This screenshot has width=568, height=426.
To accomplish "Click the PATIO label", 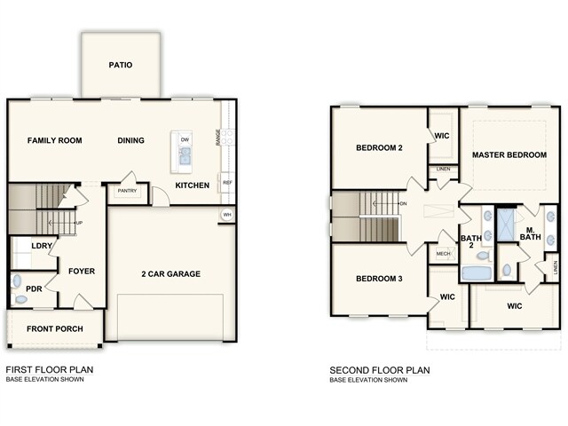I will [121, 65].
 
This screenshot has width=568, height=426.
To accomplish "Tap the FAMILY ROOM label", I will [54, 140].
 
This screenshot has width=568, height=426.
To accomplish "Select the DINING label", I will [131, 140].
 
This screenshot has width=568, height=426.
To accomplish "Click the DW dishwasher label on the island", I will [185, 140].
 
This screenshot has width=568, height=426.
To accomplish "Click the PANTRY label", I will [126, 190].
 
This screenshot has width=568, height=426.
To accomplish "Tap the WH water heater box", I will [227, 215].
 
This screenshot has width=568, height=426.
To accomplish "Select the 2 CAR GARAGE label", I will [170, 273].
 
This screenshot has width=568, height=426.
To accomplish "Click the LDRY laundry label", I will [41, 245].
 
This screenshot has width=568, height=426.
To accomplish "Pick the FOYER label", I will [81, 271].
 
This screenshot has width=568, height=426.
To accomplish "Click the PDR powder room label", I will [35, 288].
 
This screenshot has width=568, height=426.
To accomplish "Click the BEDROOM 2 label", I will [379, 148].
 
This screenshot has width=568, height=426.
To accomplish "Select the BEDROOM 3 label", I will [379, 280].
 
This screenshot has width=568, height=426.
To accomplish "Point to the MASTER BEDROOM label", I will [509, 154].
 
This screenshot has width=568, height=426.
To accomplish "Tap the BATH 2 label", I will [472, 242].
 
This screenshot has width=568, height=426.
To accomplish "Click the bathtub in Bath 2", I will [477, 272].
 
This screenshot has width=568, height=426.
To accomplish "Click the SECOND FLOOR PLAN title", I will [380, 369].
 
